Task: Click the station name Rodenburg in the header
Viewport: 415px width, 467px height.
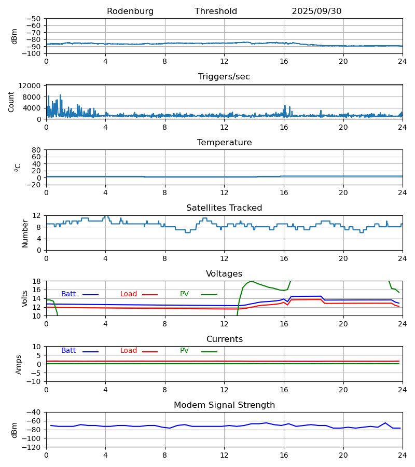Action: tap(130, 11)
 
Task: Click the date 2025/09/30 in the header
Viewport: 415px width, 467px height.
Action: tap(316, 11)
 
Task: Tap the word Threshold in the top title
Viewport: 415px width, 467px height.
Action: tap(216, 11)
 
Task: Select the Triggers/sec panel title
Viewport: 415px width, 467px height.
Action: tap(224, 77)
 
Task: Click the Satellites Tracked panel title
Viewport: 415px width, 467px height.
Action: tap(224, 208)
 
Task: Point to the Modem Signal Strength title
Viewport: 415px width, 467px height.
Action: tap(224, 405)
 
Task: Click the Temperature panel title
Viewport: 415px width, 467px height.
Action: tap(224, 143)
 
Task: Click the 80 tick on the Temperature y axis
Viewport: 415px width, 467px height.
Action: tap(36, 150)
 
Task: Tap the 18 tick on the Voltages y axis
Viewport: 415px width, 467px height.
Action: tap(36, 281)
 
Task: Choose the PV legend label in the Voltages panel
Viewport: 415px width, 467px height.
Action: tap(184, 294)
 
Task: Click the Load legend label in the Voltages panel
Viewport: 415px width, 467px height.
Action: tap(129, 294)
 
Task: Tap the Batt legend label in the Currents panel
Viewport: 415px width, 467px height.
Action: tap(68, 351)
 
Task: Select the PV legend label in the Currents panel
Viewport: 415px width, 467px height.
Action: tap(184, 351)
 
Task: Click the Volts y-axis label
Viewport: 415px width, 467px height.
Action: tap(25, 298)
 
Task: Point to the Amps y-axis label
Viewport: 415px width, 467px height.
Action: tap(19, 364)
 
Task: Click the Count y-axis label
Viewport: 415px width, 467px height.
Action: tap(11, 102)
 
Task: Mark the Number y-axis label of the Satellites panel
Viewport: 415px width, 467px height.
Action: tap(25, 233)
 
